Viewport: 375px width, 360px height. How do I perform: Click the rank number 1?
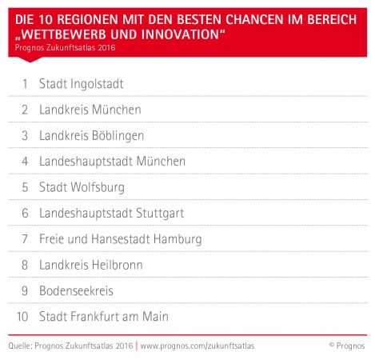click(x=25, y=84)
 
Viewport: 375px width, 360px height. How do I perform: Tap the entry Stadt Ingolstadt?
click(x=82, y=84)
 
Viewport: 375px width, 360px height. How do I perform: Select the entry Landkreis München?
click(x=90, y=110)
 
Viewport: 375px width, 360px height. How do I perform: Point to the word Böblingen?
click(x=118, y=136)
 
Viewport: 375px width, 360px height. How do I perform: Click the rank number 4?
click(x=25, y=162)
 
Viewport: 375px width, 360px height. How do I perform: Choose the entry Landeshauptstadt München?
click(x=112, y=162)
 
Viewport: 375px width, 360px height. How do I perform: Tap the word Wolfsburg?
click(x=98, y=187)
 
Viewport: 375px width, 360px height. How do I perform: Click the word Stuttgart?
click(x=160, y=214)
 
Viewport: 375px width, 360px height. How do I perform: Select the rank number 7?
click(x=25, y=239)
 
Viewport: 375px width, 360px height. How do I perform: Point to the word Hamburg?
click(x=178, y=239)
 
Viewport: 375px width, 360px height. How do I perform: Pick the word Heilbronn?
click(x=118, y=265)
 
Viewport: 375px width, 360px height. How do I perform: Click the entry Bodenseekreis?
click(x=76, y=291)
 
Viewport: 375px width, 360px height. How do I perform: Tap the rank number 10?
click(x=22, y=317)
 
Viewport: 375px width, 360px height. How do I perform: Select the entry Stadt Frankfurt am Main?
click(x=104, y=317)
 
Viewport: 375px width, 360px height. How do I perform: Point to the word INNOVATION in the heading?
click(x=180, y=34)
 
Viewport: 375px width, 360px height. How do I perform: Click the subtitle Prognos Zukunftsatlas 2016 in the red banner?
click(x=65, y=47)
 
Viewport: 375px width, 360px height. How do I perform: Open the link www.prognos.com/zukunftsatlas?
click(x=197, y=346)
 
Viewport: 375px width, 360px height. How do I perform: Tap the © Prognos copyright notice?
click(x=347, y=346)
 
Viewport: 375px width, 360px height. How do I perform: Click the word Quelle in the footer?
click(x=21, y=346)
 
